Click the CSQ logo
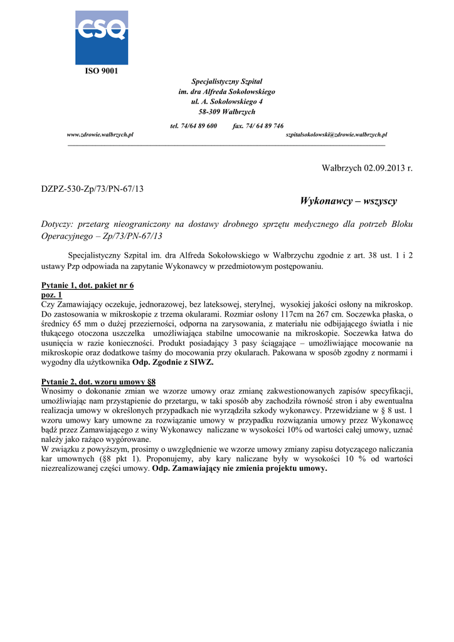102,37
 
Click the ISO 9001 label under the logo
102,71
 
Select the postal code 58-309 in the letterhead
209,112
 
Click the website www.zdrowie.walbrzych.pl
100,135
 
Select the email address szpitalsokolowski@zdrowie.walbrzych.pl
336,135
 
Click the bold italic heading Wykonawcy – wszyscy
348,201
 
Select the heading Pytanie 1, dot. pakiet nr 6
87,285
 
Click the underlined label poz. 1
51,294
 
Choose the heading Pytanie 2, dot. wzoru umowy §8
98,381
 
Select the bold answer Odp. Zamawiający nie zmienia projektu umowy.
240,468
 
